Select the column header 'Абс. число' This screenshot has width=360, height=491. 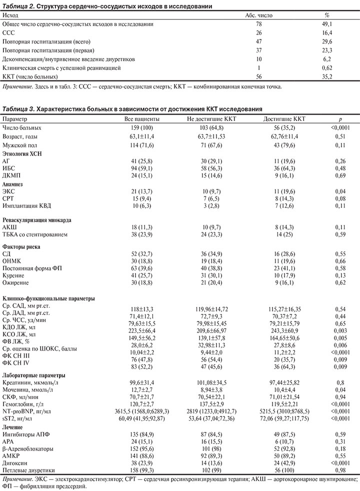point(258,15)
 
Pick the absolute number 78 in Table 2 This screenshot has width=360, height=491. point(258,24)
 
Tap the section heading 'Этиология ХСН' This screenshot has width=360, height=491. point(22,153)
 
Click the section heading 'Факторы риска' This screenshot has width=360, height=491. point(21,246)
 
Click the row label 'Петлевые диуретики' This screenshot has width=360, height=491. point(28,470)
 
